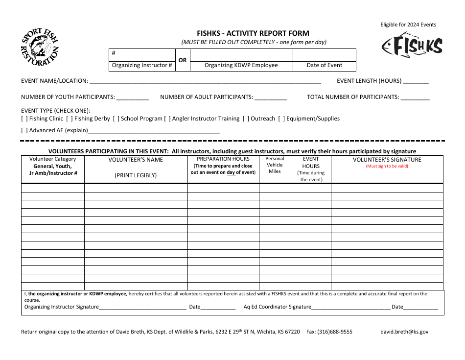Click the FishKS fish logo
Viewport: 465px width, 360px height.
pyautogui.click(x=412, y=46)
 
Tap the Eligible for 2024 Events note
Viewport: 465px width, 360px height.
pyautogui.click(x=408, y=24)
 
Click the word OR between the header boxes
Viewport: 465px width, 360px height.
pyautogui.click(x=183, y=60)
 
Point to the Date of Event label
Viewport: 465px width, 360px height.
pyautogui.click(x=324, y=65)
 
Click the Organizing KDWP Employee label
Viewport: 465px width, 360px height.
pyautogui.click(x=241, y=65)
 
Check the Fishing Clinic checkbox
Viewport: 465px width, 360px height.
pyautogui.click(x=24, y=119)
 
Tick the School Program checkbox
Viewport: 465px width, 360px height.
pyautogui.click(x=116, y=119)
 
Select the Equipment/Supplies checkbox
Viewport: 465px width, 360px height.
pyautogui.click(x=281, y=119)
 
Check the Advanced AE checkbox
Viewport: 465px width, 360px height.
pyautogui.click(x=24, y=130)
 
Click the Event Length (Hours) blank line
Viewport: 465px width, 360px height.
pyautogui.click(x=416, y=82)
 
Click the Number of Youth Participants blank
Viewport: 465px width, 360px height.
pyautogui.click(x=132, y=98)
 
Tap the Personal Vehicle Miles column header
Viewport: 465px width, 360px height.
pyautogui.click(x=275, y=165)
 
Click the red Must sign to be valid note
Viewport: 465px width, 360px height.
pyautogui.click(x=387, y=166)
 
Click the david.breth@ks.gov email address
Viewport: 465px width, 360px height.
pyautogui.click(x=404, y=332)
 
